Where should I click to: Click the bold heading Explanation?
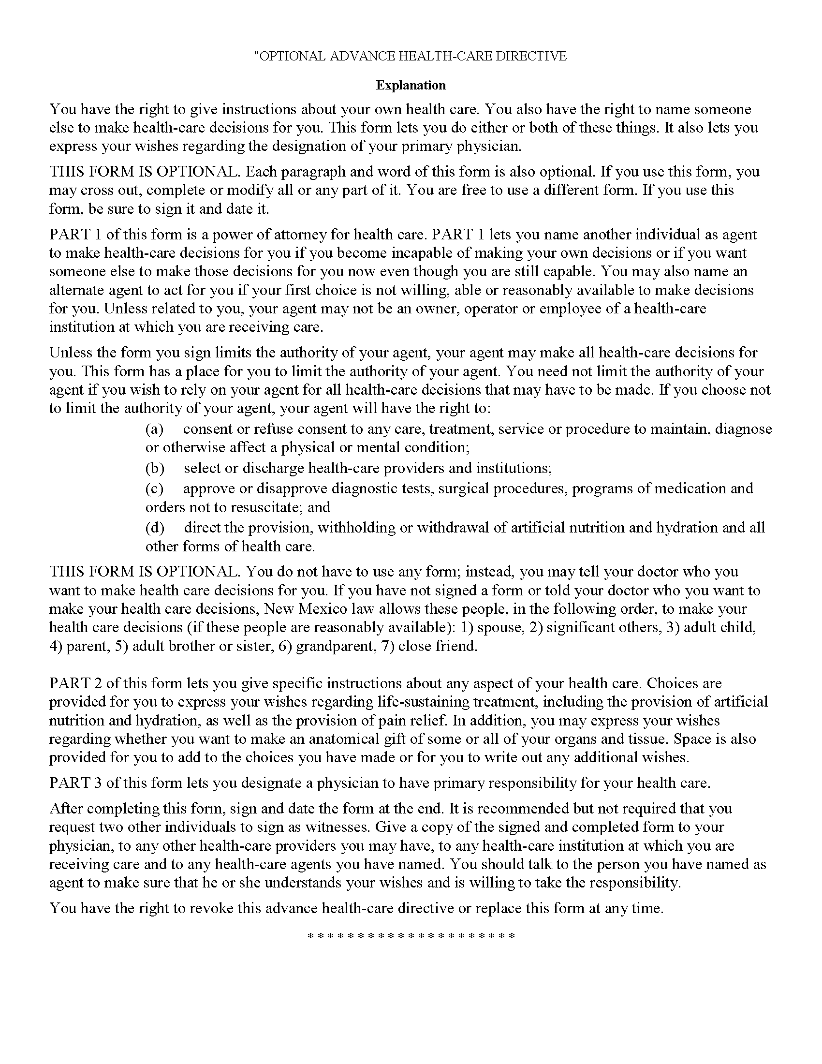point(411,85)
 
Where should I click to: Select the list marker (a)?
point(154,429)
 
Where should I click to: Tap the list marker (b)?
point(155,468)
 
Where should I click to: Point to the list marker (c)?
point(154,488)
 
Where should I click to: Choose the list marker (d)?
point(155,528)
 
